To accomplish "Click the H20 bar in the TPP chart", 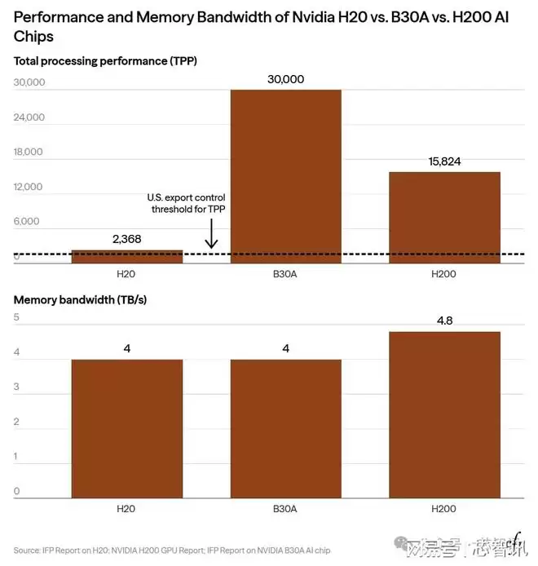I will click(x=127, y=256).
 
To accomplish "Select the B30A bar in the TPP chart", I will click(x=285, y=175).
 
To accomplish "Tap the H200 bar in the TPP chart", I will click(x=444, y=217).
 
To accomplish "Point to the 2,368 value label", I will click(x=127, y=239).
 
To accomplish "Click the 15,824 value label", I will click(x=444, y=161).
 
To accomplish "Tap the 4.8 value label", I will click(x=444, y=321).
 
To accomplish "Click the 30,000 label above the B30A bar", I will click(x=285, y=79).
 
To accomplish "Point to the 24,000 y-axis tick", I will click(x=29, y=117).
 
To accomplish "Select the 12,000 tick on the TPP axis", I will click(x=29, y=187).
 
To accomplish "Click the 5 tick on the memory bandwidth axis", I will click(x=17, y=317).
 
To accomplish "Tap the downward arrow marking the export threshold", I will click(x=211, y=236).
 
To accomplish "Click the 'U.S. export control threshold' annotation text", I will click(x=186, y=203).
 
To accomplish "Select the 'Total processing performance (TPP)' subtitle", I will click(x=105, y=60).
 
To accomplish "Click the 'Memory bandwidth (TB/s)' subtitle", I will click(x=80, y=299).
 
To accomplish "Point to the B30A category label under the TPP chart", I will click(x=285, y=274).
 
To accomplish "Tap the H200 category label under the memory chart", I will click(x=444, y=508).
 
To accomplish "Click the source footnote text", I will click(x=171, y=551).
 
